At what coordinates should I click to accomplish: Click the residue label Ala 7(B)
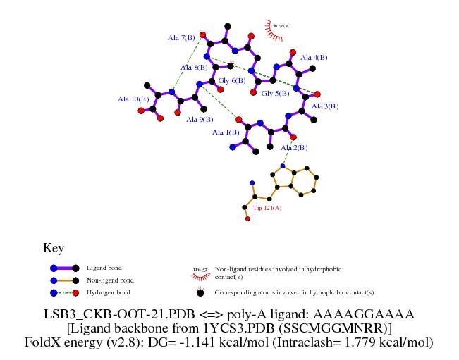coord(181,37)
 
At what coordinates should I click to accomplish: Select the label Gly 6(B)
coord(231,81)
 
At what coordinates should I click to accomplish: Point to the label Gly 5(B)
coord(276,93)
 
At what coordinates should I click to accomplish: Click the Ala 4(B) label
coord(314,58)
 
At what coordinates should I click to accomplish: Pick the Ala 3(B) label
coord(325,106)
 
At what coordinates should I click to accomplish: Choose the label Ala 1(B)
coord(226,132)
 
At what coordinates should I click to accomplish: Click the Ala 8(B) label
coord(194,68)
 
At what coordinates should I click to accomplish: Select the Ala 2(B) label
coord(294,148)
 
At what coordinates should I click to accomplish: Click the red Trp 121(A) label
coord(267,208)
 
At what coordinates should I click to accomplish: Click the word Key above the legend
coord(54,248)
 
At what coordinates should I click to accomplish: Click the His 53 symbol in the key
coord(198,270)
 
